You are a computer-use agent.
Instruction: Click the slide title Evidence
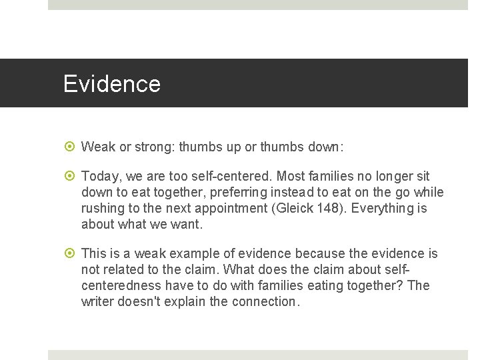111,84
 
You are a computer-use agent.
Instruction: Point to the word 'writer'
97,301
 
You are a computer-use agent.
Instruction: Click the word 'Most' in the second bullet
291,176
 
